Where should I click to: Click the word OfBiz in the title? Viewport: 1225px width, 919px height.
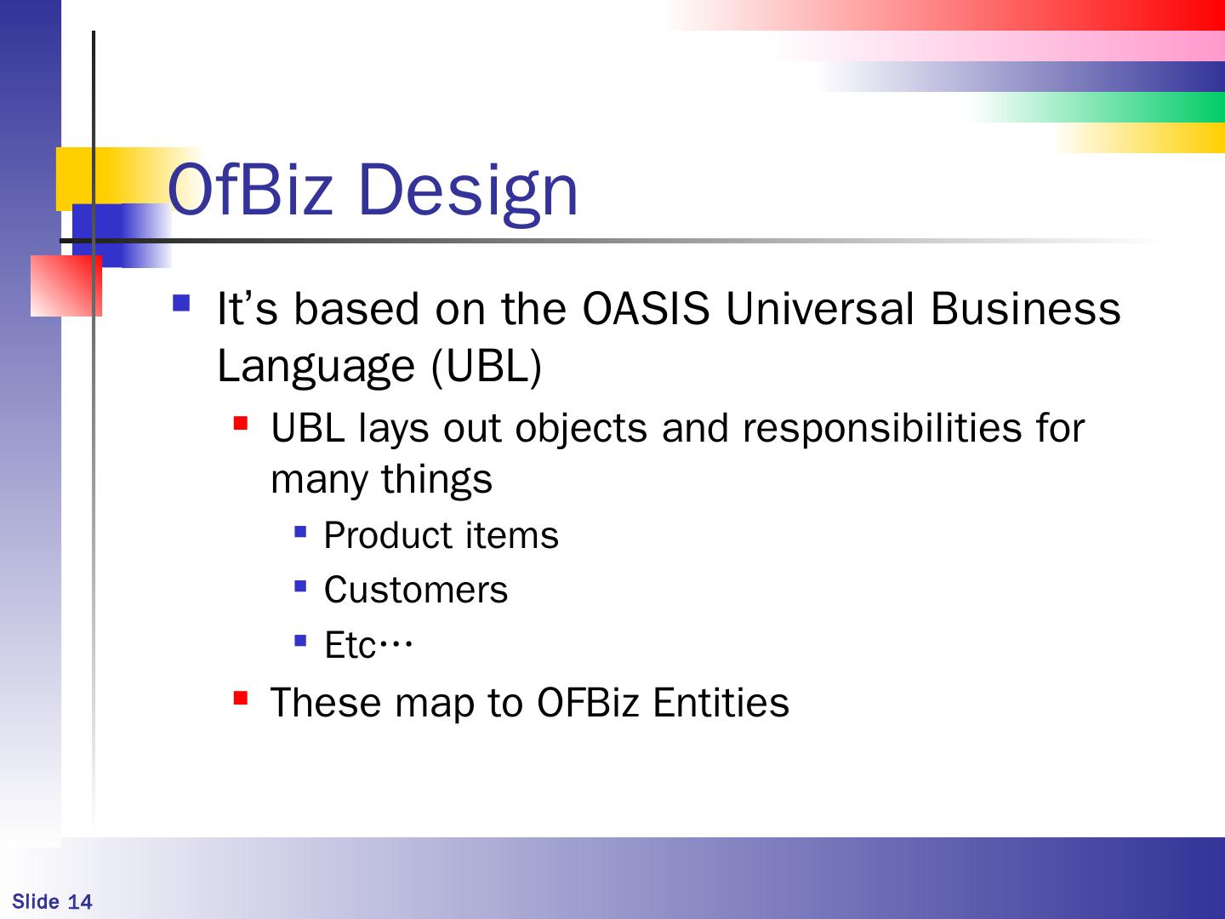pos(251,189)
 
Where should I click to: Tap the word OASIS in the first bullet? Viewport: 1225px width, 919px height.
pos(647,308)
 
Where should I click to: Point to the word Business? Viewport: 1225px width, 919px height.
pos(1026,308)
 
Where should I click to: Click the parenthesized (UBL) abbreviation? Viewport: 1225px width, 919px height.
pos(486,367)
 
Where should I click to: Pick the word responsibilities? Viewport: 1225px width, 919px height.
pos(882,429)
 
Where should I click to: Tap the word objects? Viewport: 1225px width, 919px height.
pos(580,430)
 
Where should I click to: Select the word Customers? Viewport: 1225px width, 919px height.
pos(416,589)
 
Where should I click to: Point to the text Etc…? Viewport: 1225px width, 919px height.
pos(368,644)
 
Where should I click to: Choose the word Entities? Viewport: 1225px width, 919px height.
pos(721,702)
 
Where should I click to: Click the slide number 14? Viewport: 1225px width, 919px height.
pos(80,901)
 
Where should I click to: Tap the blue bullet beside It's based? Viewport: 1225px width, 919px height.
pos(181,303)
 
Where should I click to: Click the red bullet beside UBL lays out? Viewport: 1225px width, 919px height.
pos(241,423)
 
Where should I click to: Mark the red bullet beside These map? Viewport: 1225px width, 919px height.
pos(241,698)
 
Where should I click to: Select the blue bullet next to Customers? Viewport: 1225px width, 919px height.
pos(300,586)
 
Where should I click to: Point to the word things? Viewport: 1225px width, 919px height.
pos(436,480)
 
